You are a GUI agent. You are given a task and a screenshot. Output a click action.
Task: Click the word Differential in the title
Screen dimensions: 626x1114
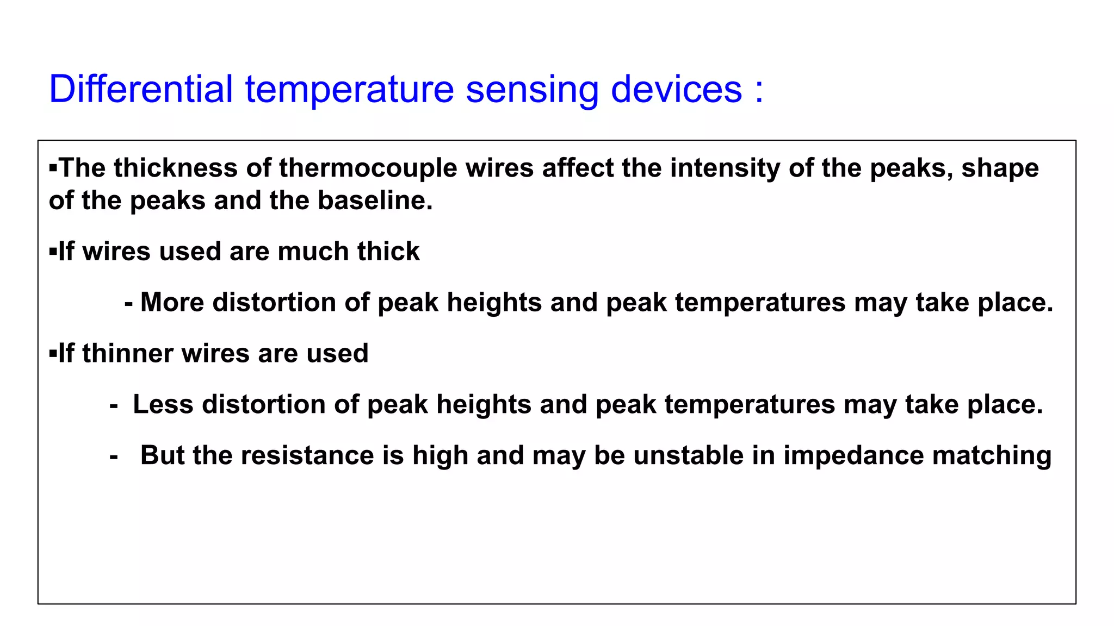141,89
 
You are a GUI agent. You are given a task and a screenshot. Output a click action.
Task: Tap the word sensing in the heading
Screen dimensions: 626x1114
532,90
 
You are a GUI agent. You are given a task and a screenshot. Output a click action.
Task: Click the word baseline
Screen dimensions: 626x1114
375,201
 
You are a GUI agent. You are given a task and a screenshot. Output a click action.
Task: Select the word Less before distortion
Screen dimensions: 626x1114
163,404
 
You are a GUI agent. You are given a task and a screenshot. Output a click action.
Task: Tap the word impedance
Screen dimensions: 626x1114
853,455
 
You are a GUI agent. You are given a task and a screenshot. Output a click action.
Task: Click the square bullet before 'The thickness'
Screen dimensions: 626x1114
53,167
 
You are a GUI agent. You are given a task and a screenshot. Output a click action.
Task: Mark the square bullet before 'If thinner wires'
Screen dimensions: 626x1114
53,354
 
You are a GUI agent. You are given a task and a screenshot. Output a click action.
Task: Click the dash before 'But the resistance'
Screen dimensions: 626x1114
114,458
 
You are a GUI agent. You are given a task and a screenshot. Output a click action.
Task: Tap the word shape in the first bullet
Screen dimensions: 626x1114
1000,169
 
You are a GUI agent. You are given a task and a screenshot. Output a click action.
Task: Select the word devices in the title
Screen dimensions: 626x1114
676,89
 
